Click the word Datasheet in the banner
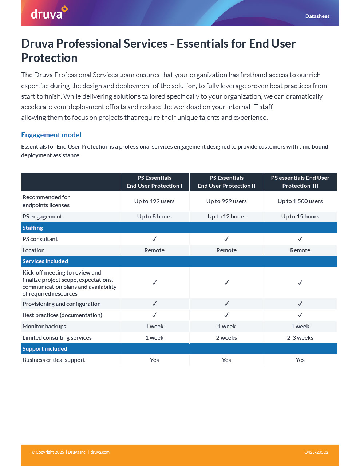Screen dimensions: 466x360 [317, 16]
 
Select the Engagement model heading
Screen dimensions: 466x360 [51, 135]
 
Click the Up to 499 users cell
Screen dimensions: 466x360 [154, 201]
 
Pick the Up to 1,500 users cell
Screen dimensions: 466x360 [300, 201]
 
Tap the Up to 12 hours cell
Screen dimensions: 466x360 [226, 217]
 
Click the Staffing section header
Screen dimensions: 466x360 [33, 228]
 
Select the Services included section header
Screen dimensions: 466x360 [45, 261]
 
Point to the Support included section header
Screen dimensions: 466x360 [45, 349]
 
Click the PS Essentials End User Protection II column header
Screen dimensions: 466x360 [226, 182]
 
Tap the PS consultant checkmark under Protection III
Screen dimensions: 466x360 [300, 239]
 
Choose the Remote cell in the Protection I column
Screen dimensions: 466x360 [154, 250]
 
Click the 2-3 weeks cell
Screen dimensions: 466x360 [300, 338]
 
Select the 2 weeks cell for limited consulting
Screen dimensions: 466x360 [226, 338]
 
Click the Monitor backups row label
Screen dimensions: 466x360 [44, 327]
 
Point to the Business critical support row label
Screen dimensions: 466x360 [54, 360]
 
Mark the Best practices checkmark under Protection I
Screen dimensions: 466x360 [154, 315]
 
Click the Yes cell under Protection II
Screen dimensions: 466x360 [226, 360]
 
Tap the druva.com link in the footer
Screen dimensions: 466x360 [100, 453]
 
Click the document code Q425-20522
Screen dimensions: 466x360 [316, 453]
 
